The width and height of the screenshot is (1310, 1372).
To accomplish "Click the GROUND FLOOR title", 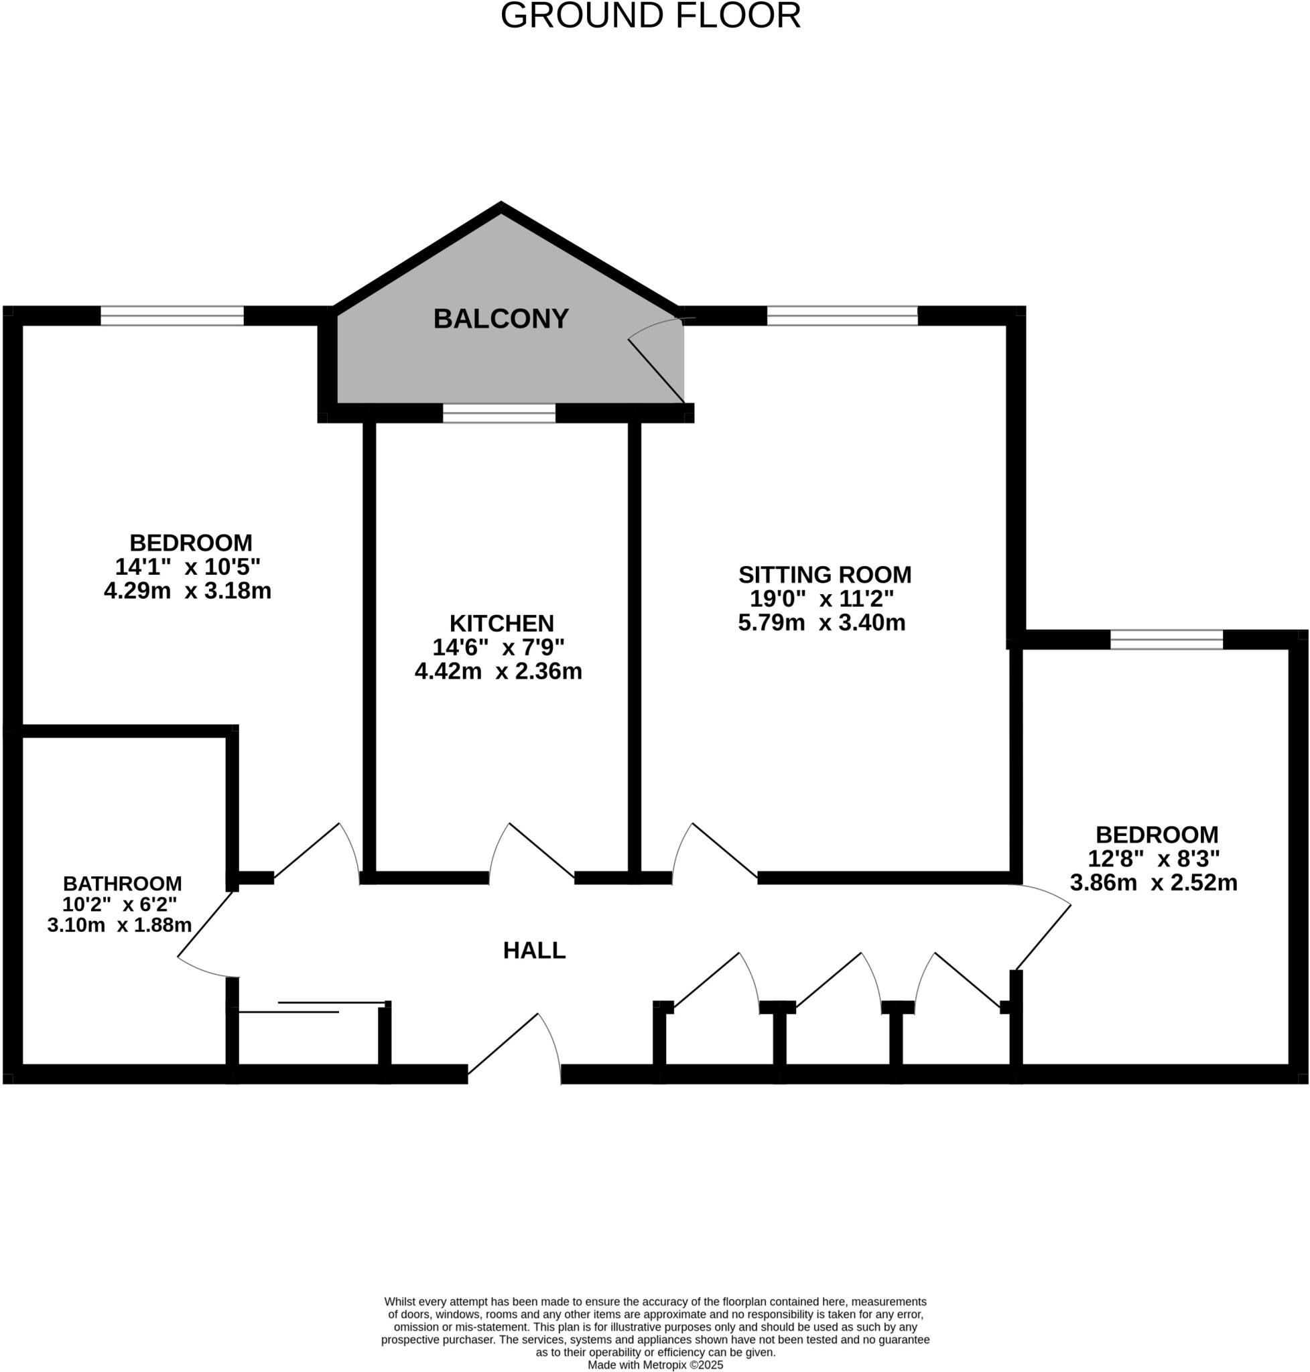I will point(650,15).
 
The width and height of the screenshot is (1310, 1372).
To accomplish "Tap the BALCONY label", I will point(501,319).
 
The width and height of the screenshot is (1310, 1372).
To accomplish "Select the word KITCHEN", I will point(501,623).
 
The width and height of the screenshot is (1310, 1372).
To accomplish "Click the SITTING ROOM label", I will point(825,575).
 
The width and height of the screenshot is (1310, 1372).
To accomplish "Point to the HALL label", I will point(534,950).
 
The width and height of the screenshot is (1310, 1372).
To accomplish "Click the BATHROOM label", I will point(122,883).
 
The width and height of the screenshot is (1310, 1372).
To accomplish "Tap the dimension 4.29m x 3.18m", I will point(187,591).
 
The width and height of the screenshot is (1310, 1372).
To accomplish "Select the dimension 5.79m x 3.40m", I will point(822,622).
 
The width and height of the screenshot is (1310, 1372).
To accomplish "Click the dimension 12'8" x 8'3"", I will point(1154,858).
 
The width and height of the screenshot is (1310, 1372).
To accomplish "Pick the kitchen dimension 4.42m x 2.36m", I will point(499,671).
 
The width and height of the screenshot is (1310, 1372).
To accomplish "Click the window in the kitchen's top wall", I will point(499,413).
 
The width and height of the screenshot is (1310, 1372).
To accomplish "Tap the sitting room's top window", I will point(842,316).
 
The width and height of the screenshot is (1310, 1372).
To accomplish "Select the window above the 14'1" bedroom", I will point(172,316).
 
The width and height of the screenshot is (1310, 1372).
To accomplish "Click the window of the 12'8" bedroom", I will point(1166,639).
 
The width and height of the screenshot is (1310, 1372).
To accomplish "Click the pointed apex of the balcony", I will point(501,207).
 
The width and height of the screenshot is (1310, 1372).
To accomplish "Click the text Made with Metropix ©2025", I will point(655,1365).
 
